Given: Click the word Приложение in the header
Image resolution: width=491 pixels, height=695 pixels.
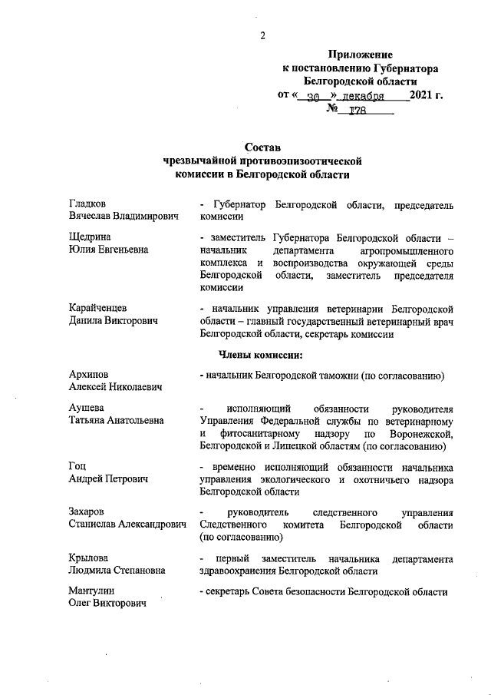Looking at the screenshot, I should point(361,55).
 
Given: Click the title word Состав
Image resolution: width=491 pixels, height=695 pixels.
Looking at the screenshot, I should point(262,147).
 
